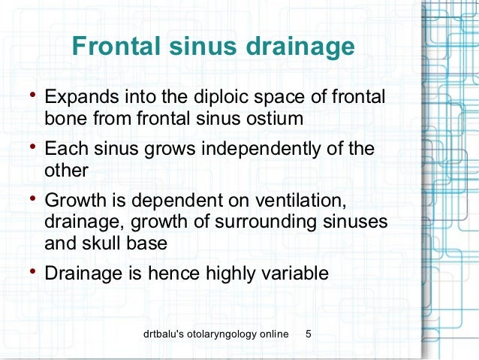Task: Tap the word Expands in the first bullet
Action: click(80, 99)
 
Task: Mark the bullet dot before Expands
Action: click(30, 95)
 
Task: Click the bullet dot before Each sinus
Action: click(30, 146)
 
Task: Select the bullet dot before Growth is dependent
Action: click(30, 198)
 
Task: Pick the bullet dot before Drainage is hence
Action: click(30, 270)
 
